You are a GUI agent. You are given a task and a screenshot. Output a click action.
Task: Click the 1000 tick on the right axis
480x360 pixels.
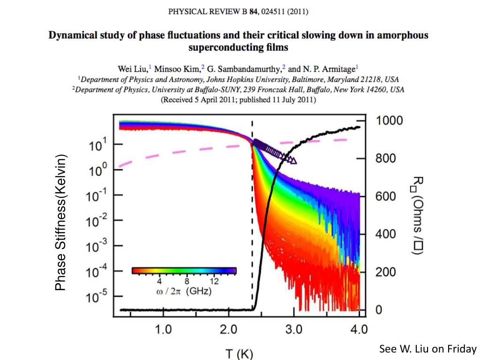390,120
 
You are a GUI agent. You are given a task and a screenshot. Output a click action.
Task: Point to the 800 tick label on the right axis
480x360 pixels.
386,158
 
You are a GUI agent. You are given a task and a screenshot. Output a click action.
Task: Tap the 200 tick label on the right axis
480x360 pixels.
386,272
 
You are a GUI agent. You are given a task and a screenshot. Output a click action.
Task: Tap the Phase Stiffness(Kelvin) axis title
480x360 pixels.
61,222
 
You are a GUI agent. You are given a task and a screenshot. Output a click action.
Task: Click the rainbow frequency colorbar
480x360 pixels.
184,270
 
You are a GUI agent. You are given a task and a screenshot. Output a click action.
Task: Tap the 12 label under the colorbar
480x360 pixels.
214,282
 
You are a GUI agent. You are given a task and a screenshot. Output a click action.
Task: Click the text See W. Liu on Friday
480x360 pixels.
427,349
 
